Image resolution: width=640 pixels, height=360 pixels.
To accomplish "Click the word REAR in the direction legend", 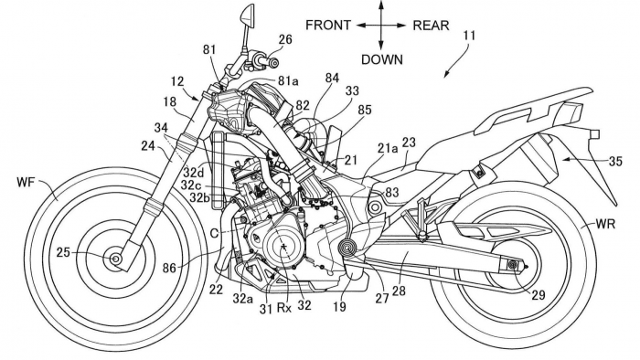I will click(430, 26).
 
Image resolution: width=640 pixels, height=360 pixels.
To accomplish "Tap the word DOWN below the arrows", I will click(381, 59).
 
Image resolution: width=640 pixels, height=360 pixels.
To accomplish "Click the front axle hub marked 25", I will click(117, 260).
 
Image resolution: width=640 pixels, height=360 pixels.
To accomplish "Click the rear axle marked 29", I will click(513, 266).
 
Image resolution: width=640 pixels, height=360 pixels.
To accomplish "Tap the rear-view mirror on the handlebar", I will click(246, 16).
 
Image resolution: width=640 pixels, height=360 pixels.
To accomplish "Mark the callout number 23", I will click(408, 142).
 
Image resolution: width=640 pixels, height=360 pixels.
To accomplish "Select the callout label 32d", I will click(192, 170).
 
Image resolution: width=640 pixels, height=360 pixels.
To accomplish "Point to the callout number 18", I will click(172, 102).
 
